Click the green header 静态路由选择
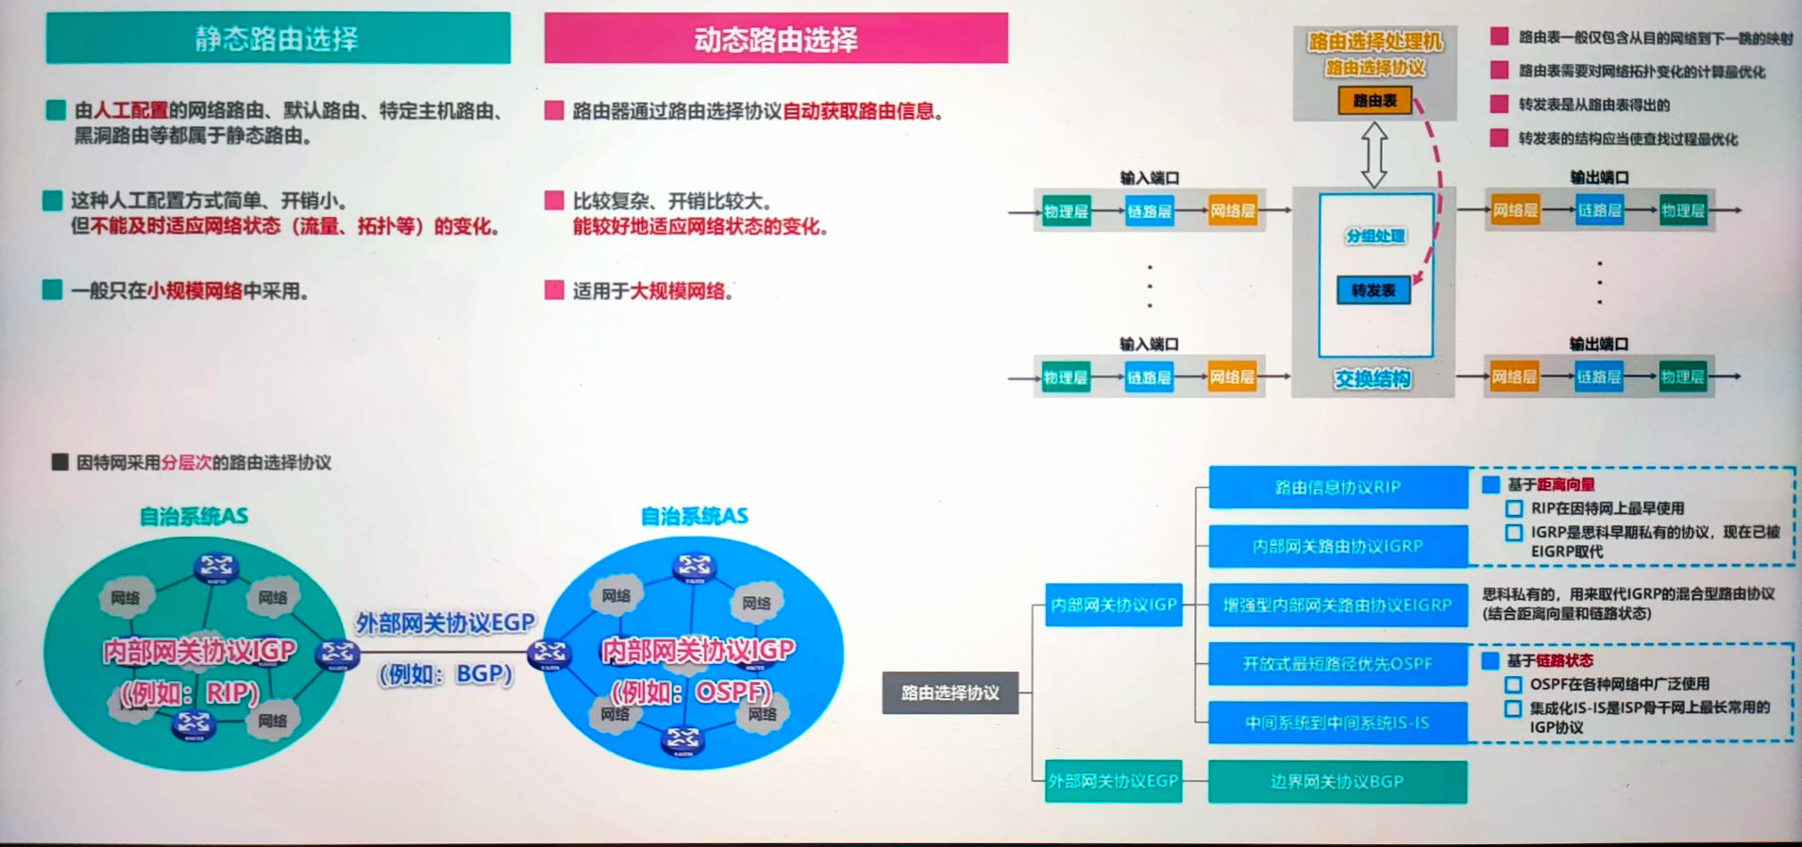click(x=278, y=39)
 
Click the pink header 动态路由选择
click(x=775, y=39)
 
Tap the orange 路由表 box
click(x=1374, y=100)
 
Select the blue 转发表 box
click(x=1373, y=291)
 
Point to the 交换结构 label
click(x=1373, y=378)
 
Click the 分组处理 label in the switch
click(x=1375, y=236)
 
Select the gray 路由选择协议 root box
click(x=950, y=692)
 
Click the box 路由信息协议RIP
click(x=1338, y=487)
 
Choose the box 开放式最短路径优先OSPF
click(x=1338, y=664)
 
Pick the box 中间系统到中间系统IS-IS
click(x=1338, y=723)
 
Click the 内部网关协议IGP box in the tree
click(x=1114, y=605)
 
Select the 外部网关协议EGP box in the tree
click(x=1113, y=781)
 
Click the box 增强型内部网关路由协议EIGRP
click(x=1338, y=605)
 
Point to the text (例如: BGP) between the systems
click(x=446, y=674)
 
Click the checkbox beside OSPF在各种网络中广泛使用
click(x=1514, y=685)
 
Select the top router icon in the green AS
click(x=216, y=567)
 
